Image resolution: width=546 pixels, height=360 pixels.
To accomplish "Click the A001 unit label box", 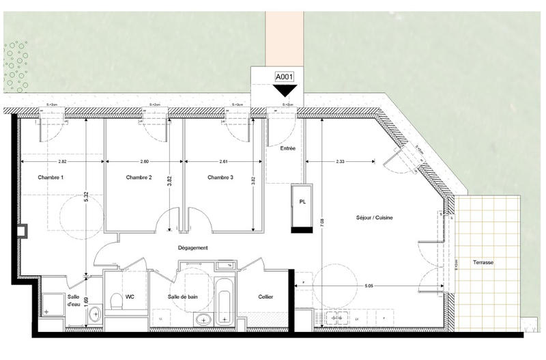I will tap(283, 77).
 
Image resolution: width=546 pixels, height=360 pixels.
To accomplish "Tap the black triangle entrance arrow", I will tap(284, 89).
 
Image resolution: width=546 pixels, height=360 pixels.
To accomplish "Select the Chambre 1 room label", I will tap(51, 178).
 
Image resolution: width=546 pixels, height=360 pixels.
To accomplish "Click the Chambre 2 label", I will tap(139, 178).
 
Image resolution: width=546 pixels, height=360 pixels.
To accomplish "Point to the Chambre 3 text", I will tap(220, 178).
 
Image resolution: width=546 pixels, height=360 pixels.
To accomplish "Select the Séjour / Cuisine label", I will tap(375, 218).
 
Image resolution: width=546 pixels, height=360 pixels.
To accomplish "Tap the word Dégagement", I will tap(192, 248).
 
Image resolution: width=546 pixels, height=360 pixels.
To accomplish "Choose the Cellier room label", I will tap(266, 297).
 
